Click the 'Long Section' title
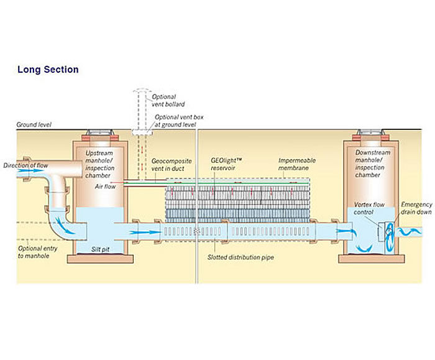48,69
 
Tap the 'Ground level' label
34,125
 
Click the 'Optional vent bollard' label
164,100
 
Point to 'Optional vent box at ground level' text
175,121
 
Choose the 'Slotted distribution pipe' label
240,257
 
